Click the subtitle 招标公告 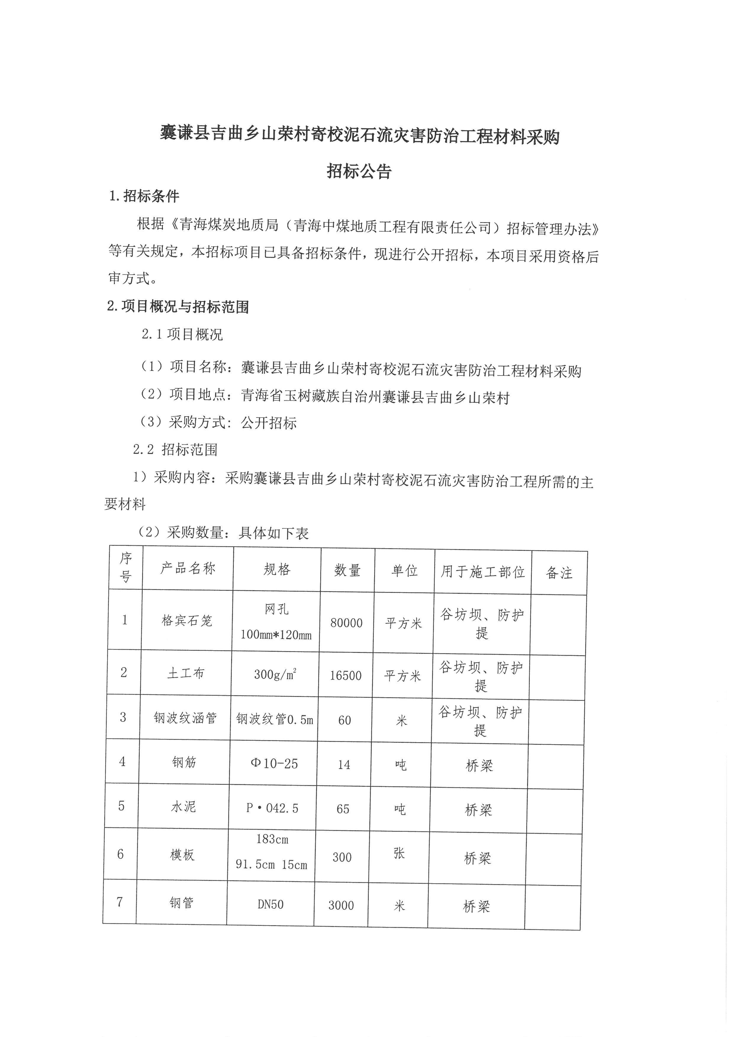tap(359, 172)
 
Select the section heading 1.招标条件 tap(144, 196)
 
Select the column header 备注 tap(559, 573)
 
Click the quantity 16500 tap(346, 676)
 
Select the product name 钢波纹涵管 tap(185, 718)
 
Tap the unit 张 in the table tap(399, 853)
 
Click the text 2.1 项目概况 tap(182, 335)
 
